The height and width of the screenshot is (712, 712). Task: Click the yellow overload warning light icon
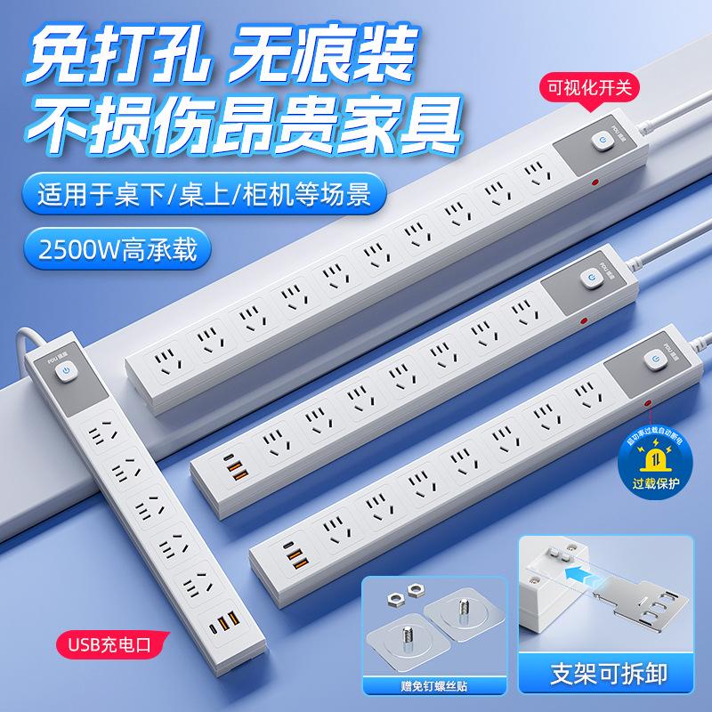tap(654, 457)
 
